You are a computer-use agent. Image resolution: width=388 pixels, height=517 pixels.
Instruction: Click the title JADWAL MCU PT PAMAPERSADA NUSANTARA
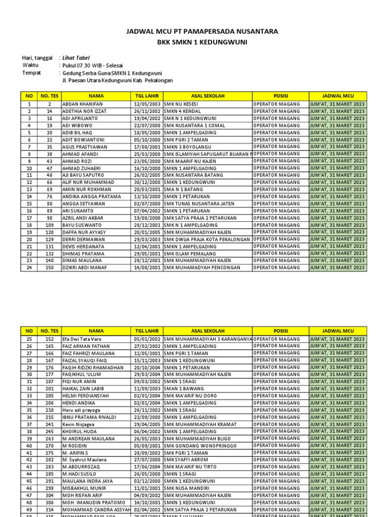(202, 31)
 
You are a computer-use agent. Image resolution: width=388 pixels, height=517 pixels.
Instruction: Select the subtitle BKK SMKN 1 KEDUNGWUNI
(202, 43)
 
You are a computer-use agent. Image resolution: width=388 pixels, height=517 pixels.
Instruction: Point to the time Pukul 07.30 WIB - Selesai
(92, 65)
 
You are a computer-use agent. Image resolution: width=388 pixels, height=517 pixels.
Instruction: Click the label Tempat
(31, 73)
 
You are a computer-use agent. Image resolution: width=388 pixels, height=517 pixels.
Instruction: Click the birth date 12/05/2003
(147, 104)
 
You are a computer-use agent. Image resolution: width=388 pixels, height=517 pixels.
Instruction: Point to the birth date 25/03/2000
(147, 153)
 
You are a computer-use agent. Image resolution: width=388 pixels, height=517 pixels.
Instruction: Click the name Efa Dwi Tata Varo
(82, 339)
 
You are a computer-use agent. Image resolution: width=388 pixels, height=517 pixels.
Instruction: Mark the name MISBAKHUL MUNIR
(85, 489)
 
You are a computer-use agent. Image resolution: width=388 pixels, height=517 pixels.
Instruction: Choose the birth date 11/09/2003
(147, 389)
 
